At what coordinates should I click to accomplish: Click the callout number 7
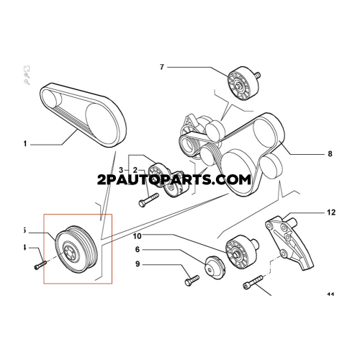tap(162, 67)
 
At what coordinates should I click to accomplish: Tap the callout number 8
tap(330, 153)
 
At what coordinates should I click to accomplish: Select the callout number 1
tap(25, 144)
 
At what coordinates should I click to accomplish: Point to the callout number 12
tap(331, 212)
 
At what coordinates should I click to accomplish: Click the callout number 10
tap(138, 236)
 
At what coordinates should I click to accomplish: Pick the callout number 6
tap(138, 250)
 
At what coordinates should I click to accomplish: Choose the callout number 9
tap(138, 264)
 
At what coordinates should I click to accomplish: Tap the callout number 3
tap(121, 170)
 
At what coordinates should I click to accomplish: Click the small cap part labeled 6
tap(215, 267)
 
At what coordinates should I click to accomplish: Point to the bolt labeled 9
tap(192, 281)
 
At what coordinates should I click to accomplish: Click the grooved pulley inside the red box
tap(76, 252)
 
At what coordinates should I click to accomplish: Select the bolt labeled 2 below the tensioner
tap(148, 200)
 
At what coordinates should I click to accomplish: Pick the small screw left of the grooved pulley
tap(40, 265)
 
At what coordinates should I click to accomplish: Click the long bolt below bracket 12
tap(253, 282)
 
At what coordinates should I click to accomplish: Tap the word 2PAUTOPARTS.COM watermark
tap(174, 179)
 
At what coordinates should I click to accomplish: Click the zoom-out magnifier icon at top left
tap(27, 82)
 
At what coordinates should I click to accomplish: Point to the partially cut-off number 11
tap(331, 294)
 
